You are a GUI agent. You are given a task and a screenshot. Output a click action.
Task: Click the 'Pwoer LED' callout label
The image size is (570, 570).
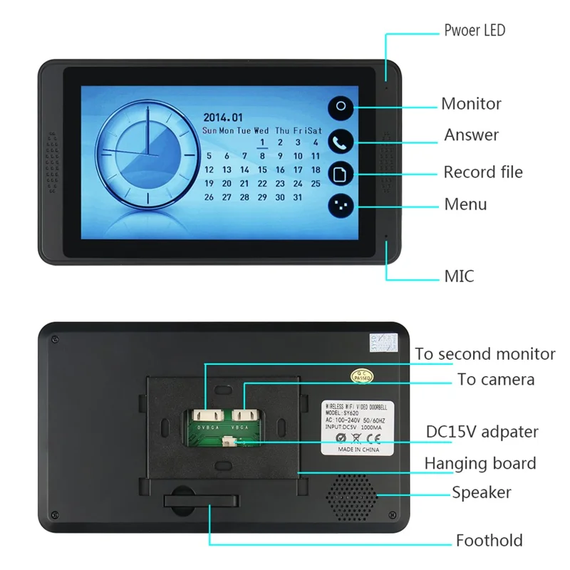click(475, 30)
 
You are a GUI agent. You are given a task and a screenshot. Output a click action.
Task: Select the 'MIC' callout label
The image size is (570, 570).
click(459, 276)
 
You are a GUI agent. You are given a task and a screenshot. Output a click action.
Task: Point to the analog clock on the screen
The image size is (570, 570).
click(145, 152)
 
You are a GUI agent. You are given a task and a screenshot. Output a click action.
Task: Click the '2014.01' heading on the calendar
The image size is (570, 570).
click(223, 118)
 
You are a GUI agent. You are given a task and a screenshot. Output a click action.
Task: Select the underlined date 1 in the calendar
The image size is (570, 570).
click(262, 143)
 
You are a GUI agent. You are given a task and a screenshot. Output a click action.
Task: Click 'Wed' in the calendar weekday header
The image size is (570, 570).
click(261, 131)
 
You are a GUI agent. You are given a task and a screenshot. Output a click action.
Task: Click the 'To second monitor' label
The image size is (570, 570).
click(485, 354)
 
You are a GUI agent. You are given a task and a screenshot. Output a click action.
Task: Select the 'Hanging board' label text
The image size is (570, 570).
click(480, 464)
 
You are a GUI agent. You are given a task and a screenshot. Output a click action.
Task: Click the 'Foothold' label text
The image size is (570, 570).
click(489, 540)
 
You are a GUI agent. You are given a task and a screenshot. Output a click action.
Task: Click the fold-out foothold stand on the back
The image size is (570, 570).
click(202, 499)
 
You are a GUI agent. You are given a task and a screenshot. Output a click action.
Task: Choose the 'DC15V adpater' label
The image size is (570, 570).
click(482, 431)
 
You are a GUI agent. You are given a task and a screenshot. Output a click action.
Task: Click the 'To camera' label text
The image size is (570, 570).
click(496, 380)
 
